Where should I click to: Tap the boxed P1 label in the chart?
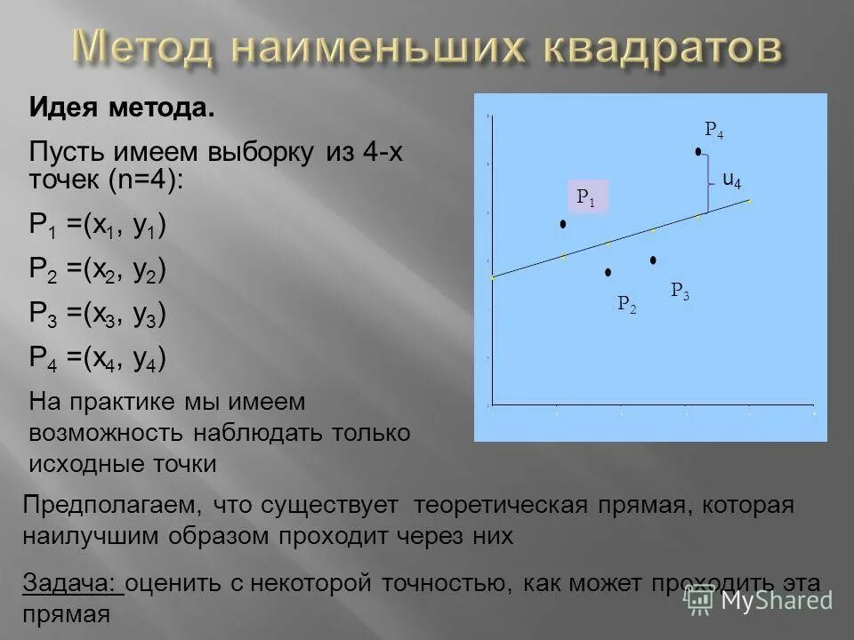586,197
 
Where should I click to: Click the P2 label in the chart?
626,305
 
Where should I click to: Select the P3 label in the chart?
680,290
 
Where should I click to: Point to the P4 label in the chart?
713,132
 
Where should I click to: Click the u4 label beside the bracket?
731,180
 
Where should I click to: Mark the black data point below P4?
698,152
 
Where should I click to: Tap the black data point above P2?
608,271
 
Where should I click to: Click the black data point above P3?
653,260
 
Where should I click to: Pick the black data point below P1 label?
563,225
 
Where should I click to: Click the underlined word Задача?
70,583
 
